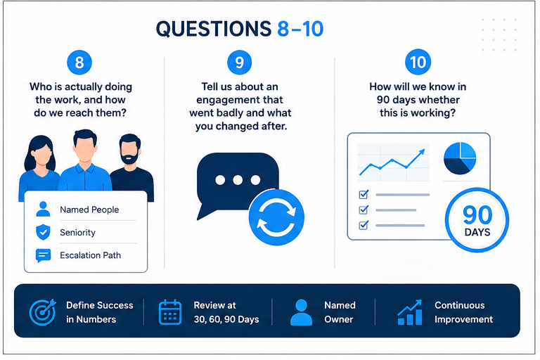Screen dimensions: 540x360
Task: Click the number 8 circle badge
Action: (x=79, y=63)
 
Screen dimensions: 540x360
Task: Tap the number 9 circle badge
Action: (x=239, y=63)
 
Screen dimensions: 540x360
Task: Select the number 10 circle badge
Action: (x=418, y=62)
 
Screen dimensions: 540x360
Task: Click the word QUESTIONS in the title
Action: (x=214, y=29)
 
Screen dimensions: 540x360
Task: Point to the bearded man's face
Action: (x=130, y=152)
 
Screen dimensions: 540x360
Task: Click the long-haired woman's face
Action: (x=42, y=155)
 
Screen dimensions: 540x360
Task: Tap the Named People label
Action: (x=89, y=210)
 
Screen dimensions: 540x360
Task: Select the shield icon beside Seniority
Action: (x=43, y=232)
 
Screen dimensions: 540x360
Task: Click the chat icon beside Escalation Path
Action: (x=44, y=256)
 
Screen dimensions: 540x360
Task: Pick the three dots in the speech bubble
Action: (x=238, y=180)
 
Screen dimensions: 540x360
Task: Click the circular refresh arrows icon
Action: (x=276, y=217)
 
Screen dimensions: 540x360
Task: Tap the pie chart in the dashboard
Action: (x=460, y=158)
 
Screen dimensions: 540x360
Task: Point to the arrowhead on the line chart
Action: (x=422, y=153)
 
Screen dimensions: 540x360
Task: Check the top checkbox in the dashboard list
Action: (x=364, y=195)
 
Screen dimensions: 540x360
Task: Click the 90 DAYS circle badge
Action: (x=477, y=220)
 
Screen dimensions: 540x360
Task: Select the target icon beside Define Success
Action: (x=43, y=312)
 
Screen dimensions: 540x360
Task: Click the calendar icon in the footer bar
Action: (x=169, y=312)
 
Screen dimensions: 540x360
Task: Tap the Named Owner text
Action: (x=340, y=312)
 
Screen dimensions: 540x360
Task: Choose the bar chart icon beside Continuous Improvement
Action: (x=409, y=312)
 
